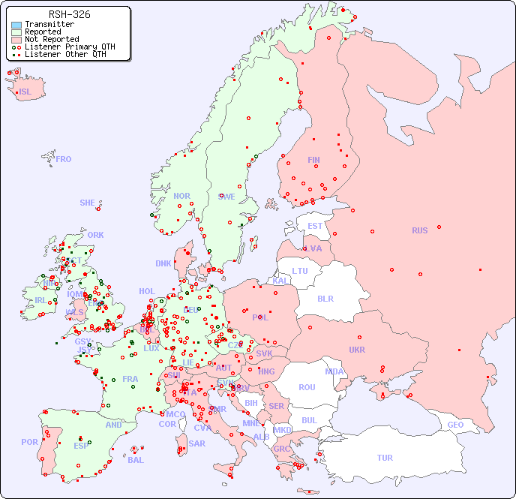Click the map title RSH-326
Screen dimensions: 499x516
(69, 14)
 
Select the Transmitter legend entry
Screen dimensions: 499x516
(49, 25)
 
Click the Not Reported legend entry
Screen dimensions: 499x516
(51, 40)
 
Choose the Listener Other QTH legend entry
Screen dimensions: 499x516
(65, 55)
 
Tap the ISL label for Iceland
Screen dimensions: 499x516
(25, 92)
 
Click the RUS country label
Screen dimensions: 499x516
(419, 230)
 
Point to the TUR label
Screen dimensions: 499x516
(385, 458)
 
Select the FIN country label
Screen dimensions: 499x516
(313, 160)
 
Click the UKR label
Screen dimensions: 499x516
(357, 350)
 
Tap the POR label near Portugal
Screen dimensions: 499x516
(29, 442)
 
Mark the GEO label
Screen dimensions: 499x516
(455, 425)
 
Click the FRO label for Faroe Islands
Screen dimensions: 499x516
(64, 159)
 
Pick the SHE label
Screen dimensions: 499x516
(88, 203)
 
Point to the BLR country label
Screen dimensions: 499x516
(325, 298)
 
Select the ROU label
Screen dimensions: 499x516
(307, 387)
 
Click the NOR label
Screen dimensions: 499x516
(181, 196)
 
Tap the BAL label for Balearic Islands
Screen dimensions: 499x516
(136, 460)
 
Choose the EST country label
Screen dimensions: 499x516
(315, 226)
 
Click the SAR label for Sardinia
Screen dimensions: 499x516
(196, 443)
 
